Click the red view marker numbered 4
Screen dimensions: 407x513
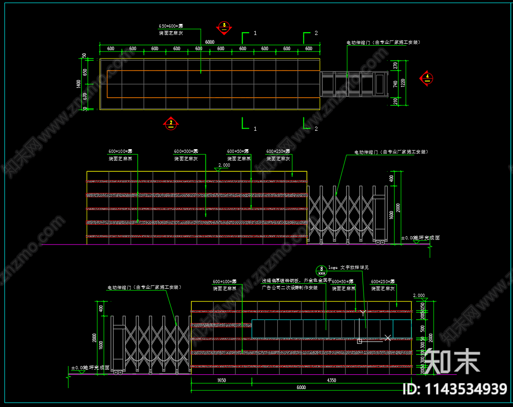(x=427, y=78)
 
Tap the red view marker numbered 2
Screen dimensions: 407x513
(x=171, y=123)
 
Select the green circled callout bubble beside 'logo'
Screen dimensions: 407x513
(x=322, y=270)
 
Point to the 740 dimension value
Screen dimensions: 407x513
(x=395, y=84)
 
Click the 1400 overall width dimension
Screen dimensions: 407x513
(x=79, y=84)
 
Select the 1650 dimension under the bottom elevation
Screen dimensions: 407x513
(x=221, y=381)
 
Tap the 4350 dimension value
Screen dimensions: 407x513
(x=331, y=381)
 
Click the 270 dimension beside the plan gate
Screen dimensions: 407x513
(x=395, y=65)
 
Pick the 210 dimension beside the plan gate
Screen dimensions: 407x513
(x=395, y=101)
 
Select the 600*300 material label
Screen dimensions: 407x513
(x=186, y=151)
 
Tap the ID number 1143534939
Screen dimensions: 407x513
(x=455, y=390)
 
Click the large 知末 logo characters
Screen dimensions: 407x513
(x=452, y=361)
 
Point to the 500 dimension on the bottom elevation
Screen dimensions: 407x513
(x=423, y=328)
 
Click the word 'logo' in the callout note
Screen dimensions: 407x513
(x=333, y=267)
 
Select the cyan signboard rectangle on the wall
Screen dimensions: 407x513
(x=323, y=329)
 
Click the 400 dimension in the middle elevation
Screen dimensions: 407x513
(x=392, y=178)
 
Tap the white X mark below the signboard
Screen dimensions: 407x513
(x=388, y=338)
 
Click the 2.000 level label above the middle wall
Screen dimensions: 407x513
(x=224, y=165)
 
